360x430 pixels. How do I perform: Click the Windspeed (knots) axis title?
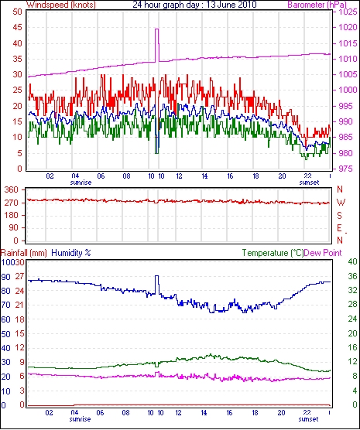[61, 5]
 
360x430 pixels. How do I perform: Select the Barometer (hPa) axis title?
[317, 5]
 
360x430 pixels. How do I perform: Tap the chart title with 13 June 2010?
[194, 5]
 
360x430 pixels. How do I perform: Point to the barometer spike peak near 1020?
[157, 29]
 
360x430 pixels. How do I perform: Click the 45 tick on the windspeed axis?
[17, 27]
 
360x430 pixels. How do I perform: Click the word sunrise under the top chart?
[81, 183]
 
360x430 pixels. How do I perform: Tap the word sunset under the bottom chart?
[308, 419]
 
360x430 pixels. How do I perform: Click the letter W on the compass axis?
[341, 203]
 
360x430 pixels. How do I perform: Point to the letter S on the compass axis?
[339, 216]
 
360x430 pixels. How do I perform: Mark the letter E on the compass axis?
[339, 228]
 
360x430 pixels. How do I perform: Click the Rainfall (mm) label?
[24, 253]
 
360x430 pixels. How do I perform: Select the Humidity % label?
[71, 253]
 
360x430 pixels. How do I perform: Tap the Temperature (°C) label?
[273, 253]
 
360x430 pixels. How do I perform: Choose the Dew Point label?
[323, 253]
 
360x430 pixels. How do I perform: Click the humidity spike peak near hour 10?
[157, 276]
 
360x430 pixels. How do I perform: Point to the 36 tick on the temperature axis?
[352, 276]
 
